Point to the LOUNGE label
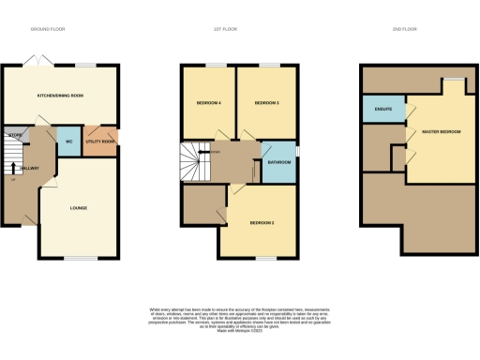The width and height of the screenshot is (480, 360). point(79,207)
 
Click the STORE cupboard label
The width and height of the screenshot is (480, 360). point(13,135)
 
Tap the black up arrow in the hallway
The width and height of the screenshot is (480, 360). point(12,174)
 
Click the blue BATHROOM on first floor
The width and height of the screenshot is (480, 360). point(278,162)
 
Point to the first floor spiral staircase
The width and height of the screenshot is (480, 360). point(195,161)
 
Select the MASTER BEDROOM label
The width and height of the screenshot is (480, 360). point(442,132)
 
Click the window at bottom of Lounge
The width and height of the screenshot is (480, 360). point(81,258)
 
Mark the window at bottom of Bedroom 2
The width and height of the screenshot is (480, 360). point(264,258)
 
